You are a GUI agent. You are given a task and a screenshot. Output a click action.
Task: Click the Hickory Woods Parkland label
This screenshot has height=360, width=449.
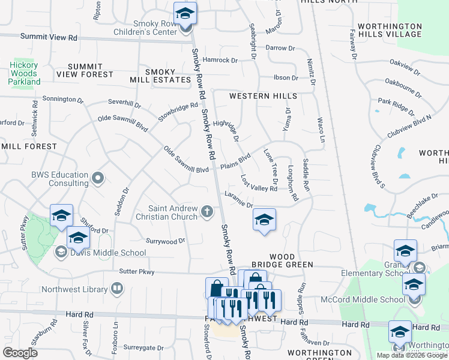(24, 73)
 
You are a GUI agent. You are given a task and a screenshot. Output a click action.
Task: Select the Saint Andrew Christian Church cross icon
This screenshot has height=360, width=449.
(207, 211)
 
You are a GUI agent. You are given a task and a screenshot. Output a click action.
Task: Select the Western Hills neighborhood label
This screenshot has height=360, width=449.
(263, 96)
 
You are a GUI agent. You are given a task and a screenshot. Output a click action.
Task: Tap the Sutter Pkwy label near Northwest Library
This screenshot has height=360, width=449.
(137, 272)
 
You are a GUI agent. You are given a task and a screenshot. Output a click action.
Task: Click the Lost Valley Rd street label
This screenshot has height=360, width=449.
(259, 184)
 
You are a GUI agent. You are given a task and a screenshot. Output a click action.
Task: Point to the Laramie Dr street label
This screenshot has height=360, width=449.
(238, 200)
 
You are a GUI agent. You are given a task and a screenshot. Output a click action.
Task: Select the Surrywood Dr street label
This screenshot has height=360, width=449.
(166, 241)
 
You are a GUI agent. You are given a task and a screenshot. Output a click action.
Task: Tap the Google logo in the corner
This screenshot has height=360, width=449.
(20, 353)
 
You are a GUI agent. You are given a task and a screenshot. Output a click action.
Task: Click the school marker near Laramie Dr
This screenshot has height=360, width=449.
(264, 220)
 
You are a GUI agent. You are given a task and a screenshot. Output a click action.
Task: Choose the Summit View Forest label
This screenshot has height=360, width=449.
(85, 70)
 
